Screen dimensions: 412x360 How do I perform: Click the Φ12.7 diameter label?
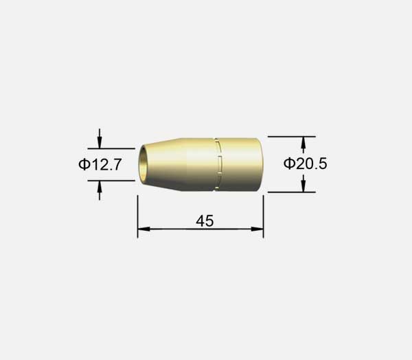(x=100, y=164)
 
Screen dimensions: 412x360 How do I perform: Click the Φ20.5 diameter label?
(x=305, y=164)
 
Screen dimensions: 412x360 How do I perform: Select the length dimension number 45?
(x=205, y=221)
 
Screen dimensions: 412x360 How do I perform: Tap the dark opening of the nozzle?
(x=144, y=164)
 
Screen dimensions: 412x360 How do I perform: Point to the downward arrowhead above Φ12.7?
(x=100, y=144)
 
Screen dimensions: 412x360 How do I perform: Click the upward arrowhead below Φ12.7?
(x=100, y=186)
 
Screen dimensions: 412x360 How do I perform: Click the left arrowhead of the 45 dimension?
(x=144, y=229)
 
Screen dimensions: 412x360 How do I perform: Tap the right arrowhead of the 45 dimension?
(x=257, y=229)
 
